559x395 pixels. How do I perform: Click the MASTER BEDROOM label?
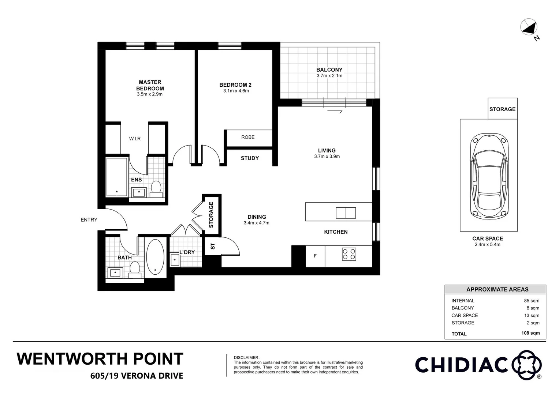tap(150, 85)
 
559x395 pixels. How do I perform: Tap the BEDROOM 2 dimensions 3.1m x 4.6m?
tap(236, 91)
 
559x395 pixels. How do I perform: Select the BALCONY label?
tap(329, 69)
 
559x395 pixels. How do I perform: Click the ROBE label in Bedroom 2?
tap(248, 137)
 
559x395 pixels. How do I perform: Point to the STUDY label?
tap(250, 158)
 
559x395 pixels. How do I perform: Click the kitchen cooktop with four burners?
tap(349, 254)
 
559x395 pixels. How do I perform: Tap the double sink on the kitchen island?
tap(346, 213)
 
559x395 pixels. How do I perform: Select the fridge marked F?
tap(315, 256)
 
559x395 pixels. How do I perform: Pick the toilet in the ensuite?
tap(156, 188)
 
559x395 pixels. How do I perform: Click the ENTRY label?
tap(89, 220)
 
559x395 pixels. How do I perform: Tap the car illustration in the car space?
tap(489, 176)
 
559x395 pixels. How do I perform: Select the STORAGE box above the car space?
tap(502, 109)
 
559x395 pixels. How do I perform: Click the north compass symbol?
tap(529, 27)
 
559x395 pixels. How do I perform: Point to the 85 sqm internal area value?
tap(532, 301)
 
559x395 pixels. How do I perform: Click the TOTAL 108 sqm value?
tap(530, 333)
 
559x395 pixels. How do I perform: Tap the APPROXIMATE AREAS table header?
tap(497, 289)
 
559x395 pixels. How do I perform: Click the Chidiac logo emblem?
tap(526, 365)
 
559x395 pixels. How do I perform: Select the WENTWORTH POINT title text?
tap(100, 359)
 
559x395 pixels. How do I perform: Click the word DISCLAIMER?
tap(247, 357)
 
